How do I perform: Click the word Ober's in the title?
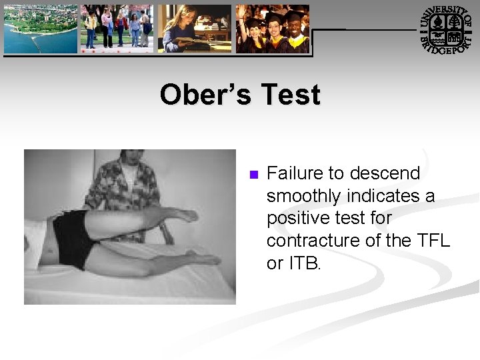[x=205, y=95]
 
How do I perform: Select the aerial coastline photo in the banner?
[x=40, y=29]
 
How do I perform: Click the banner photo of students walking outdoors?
[x=117, y=29]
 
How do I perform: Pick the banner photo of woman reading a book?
[x=195, y=29]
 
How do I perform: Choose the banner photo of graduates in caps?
[x=273, y=29]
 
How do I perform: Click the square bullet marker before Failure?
[x=253, y=175]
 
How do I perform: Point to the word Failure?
[x=295, y=174]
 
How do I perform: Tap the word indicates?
[x=387, y=197]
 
